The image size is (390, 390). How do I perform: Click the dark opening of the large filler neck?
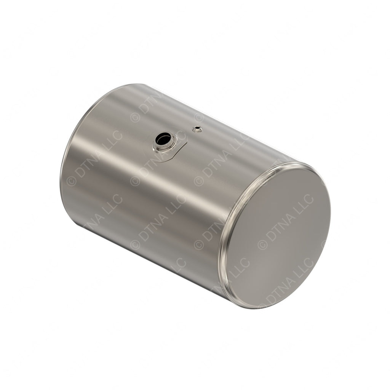coord(164,138)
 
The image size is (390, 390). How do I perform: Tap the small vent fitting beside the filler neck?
coord(197,129)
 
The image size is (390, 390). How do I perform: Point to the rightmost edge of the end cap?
coord(330,213)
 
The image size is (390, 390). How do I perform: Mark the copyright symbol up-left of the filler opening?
coord(135,117)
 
